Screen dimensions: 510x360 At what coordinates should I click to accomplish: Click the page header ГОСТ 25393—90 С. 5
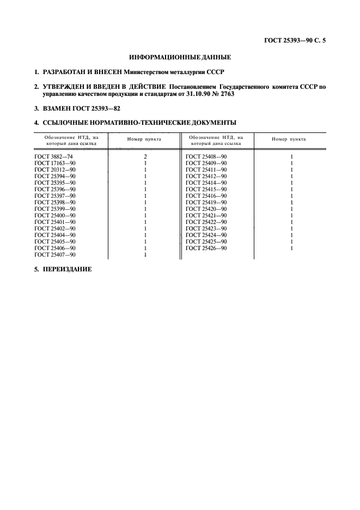pos(293,40)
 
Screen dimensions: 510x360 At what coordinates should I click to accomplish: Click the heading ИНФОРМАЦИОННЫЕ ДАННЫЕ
pos(180,57)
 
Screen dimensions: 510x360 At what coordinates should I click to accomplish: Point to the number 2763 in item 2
pos(241,94)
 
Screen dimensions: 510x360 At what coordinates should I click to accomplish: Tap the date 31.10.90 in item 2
pos(209,94)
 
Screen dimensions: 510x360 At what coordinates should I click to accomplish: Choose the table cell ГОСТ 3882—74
pos(53,156)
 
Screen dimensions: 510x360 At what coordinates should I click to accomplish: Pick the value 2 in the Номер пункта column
pos(145,156)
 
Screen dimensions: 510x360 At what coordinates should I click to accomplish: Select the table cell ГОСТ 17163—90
pos(54,163)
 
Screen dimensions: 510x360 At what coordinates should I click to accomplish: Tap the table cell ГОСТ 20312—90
pos(54,169)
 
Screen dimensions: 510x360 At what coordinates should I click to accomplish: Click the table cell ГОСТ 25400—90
pos(54,215)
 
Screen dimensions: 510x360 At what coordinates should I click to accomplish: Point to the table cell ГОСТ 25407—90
pos(54,254)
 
